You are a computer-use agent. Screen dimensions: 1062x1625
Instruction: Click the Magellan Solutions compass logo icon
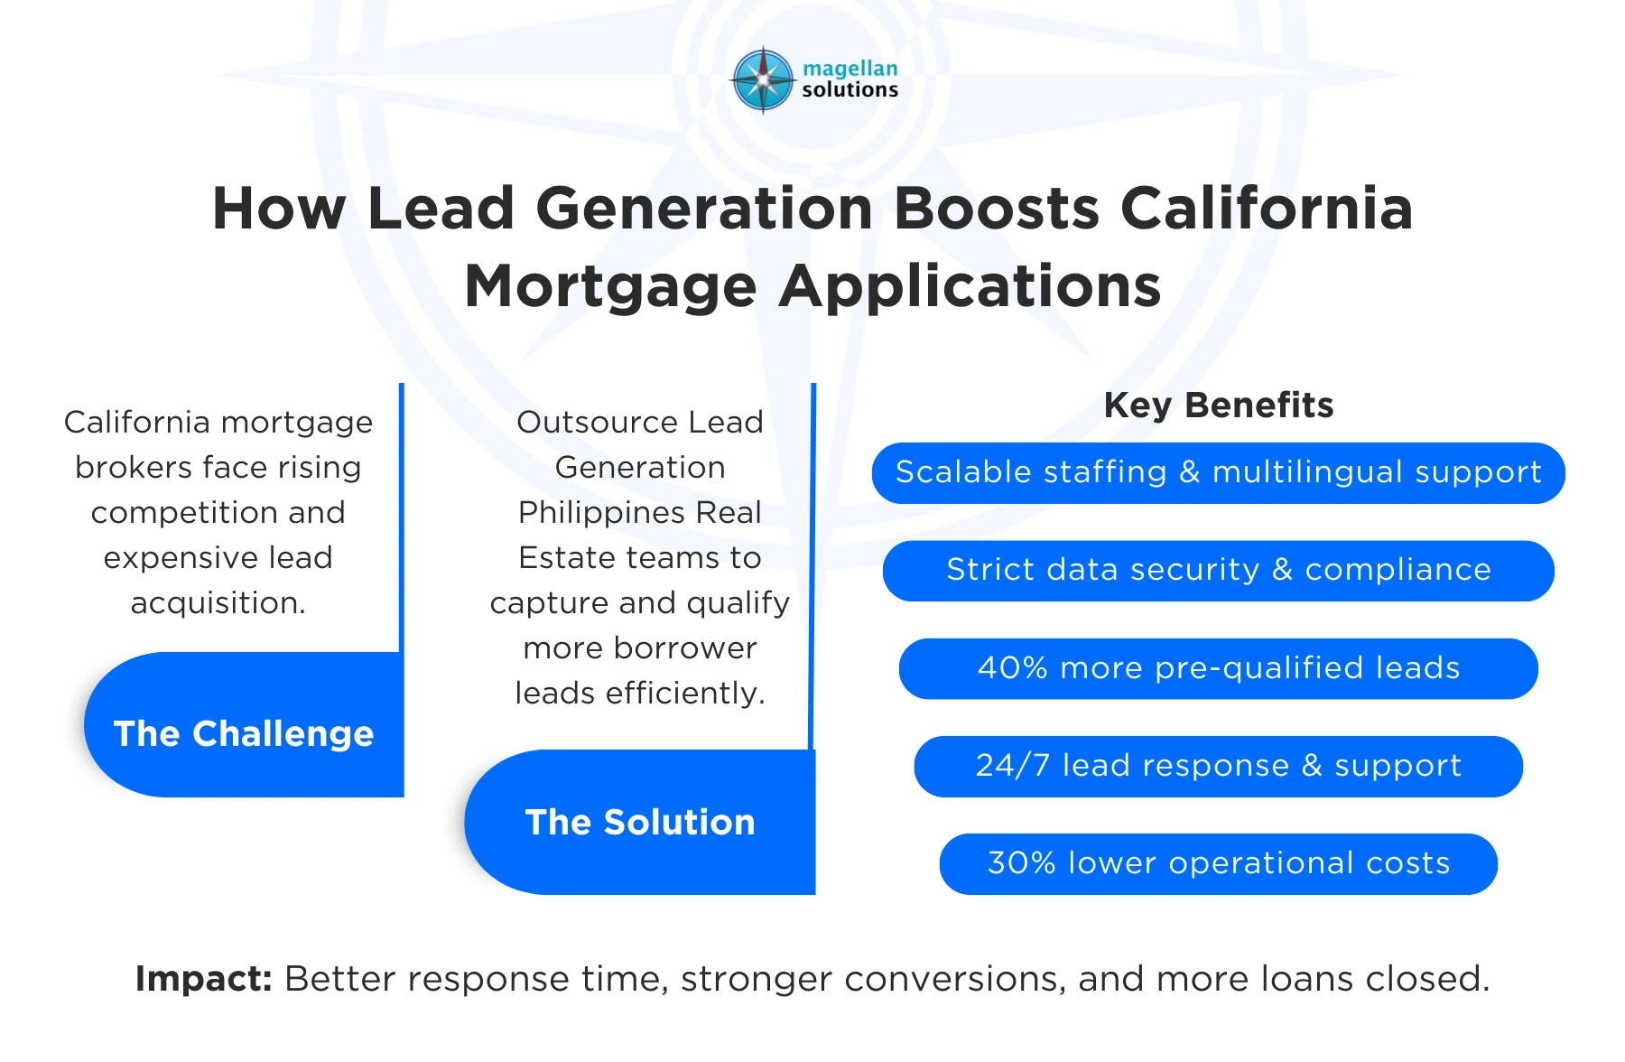pyautogui.click(x=763, y=79)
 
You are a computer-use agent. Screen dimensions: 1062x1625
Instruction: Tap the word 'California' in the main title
pyautogui.click(x=1266, y=209)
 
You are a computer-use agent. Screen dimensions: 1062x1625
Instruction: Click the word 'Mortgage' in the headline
pyautogui.click(x=610, y=287)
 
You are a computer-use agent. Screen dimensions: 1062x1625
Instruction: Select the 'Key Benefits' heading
pyautogui.click(x=1218, y=405)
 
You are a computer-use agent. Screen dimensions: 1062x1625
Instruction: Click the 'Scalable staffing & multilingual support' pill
pyautogui.click(x=1218, y=472)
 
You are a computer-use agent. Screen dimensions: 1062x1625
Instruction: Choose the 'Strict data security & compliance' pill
pyautogui.click(x=1218, y=570)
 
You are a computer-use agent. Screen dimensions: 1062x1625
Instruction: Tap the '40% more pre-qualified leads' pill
pyautogui.click(x=1218, y=668)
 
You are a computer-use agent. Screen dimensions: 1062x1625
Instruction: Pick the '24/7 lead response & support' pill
pyautogui.click(x=1218, y=766)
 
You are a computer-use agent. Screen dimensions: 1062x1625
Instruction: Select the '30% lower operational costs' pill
pyautogui.click(x=1218, y=863)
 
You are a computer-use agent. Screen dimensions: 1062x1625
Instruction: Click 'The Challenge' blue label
pyautogui.click(x=244, y=733)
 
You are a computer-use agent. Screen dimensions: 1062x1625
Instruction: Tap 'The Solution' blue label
pyautogui.click(x=640, y=822)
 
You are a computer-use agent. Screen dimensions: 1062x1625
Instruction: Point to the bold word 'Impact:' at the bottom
pyautogui.click(x=203, y=979)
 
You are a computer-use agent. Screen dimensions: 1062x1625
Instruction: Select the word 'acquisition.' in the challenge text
pyautogui.click(x=218, y=603)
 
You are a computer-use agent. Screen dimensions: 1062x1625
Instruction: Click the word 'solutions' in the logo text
pyautogui.click(x=850, y=90)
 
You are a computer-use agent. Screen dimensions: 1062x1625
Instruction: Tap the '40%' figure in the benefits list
pyautogui.click(x=1013, y=668)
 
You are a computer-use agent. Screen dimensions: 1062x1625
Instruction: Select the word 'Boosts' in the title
pyautogui.click(x=996, y=209)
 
